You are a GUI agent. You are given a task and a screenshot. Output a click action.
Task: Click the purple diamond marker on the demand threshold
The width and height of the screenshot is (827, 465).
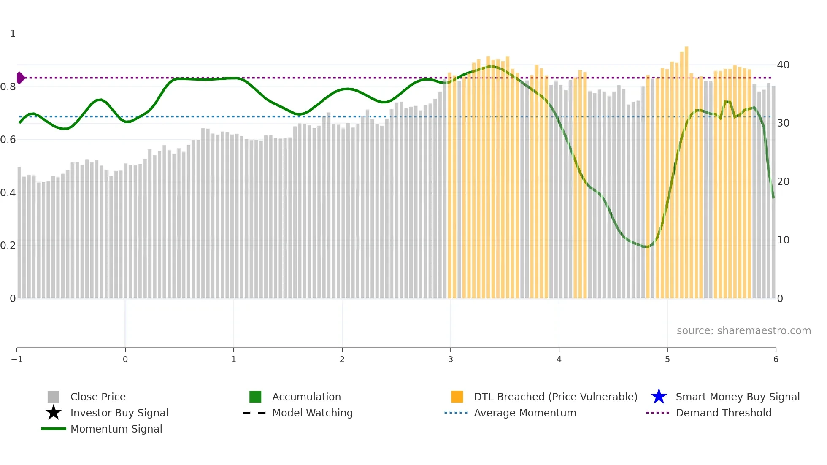[20, 78]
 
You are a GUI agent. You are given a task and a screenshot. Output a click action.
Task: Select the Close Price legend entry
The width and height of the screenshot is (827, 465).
[97, 397]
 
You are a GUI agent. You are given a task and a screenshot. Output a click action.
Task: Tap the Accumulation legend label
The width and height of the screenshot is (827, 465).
[306, 397]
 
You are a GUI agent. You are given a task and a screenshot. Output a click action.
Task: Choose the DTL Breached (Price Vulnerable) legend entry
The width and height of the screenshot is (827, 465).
[555, 397]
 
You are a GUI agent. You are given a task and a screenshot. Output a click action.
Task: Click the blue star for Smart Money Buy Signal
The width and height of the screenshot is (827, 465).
[659, 397]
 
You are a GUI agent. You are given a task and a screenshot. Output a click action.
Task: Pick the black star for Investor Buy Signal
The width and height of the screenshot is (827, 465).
[54, 413]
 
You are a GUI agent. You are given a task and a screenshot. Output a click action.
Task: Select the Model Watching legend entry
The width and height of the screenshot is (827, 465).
[312, 413]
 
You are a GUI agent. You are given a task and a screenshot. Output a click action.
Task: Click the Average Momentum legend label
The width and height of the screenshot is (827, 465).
[525, 413]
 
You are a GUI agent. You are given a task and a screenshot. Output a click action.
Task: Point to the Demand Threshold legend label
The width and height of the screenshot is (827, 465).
[723, 413]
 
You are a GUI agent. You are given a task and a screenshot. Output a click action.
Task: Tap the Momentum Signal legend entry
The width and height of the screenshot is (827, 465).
[116, 429]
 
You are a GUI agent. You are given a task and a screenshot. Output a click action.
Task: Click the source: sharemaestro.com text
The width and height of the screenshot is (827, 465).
[743, 330]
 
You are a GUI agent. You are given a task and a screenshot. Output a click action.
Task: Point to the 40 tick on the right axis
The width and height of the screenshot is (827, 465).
[783, 65]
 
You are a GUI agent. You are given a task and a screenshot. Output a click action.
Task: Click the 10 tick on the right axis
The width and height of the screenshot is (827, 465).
[783, 240]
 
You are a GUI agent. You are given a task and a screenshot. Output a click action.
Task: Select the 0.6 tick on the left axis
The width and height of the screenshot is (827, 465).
[8, 140]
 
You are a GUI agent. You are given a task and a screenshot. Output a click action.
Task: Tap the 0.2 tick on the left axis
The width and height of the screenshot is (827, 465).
[8, 246]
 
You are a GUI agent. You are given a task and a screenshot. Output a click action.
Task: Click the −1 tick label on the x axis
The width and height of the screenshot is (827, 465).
[17, 359]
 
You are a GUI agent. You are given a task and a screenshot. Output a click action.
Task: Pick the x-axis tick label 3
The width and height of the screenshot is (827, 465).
[451, 359]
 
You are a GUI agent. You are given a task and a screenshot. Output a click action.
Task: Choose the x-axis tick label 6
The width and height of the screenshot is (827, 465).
[776, 359]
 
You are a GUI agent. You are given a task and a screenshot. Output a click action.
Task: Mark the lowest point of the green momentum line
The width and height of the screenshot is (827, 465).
[646, 247]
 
